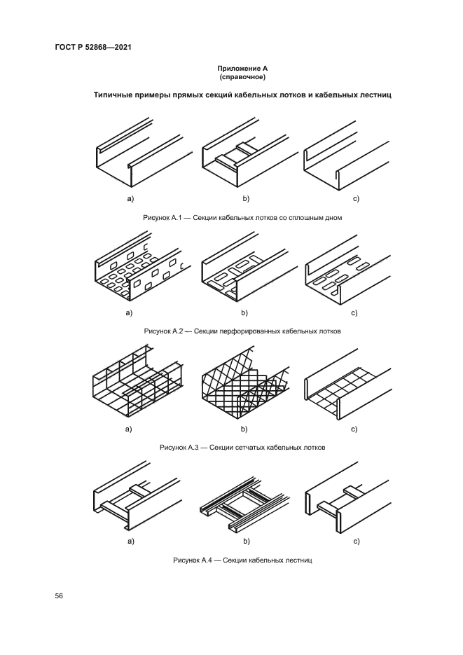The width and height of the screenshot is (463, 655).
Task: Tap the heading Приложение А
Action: pyautogui.click(x=242, y=68)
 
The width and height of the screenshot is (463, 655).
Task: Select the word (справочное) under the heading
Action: pyautogui.click(x=242, y=77)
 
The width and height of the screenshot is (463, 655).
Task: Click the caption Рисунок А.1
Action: pyautogui.click(x=242, y=219)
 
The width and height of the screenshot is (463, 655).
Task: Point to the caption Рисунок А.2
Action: pyautogui.click(x=242, y=331)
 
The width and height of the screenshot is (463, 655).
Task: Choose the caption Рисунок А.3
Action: pyautogui.click(x=242, y=446)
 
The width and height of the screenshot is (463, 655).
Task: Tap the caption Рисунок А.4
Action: pyautogui.click(x=242, y=560)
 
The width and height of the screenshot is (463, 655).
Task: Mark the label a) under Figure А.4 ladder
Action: pyautogui.click(x=129, y=542)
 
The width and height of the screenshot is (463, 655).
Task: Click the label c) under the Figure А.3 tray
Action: pyautogui.click(x=356, y=428)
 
